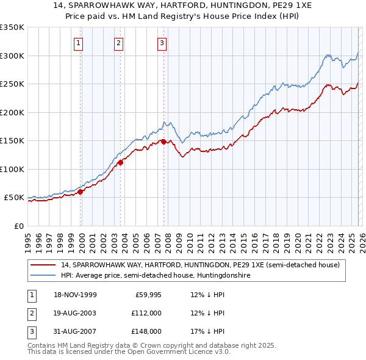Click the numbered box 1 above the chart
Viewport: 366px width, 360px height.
80,43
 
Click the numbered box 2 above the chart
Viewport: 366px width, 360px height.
118,43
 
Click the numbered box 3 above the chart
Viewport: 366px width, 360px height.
162,43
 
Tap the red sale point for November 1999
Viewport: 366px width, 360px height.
81,192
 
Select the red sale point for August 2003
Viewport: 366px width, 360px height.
121,162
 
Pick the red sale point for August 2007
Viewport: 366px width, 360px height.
163,142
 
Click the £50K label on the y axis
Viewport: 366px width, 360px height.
14,198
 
